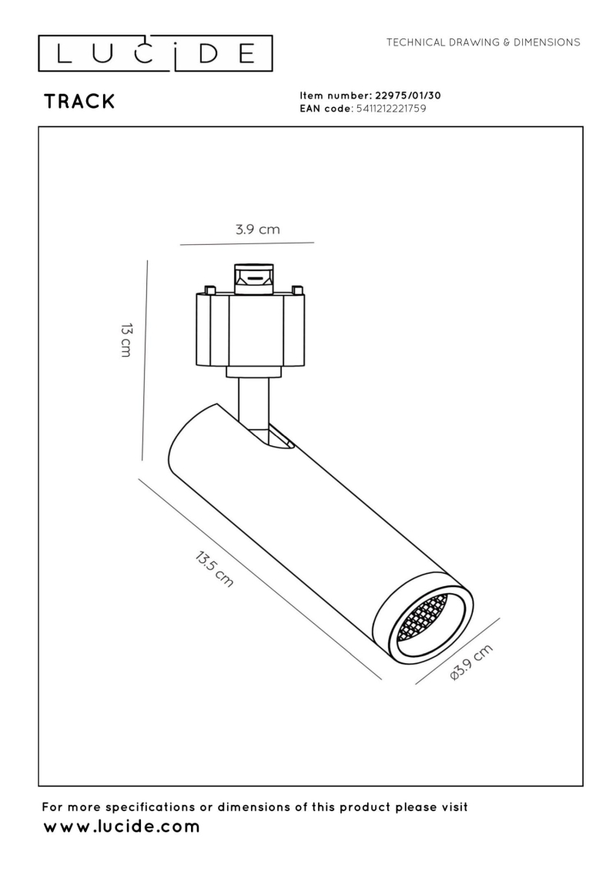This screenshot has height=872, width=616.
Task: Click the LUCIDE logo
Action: [x=156, y=54]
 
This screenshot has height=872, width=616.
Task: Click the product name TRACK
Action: [x=79, y=102]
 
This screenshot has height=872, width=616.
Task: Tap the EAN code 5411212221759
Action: [x=388, y=109]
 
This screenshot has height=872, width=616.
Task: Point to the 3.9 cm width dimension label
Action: [x=257, y=230]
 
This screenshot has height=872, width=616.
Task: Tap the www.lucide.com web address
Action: [x=121, y=827]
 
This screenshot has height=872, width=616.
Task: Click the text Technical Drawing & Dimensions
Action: [x=483, y=42]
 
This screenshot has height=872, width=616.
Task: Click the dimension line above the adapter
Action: [x=246, y=243]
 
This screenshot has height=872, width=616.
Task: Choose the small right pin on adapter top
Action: [x=296, y=290]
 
